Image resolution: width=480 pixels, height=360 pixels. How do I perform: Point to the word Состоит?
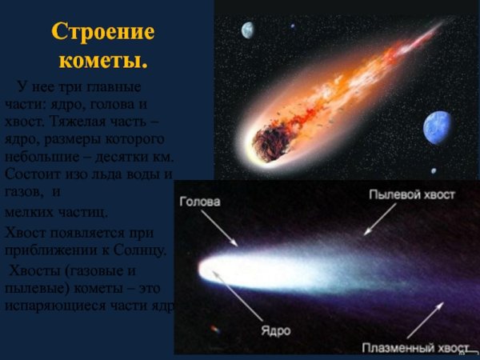coord(32,174)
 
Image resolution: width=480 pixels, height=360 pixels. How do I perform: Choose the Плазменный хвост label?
coord(415,348)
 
